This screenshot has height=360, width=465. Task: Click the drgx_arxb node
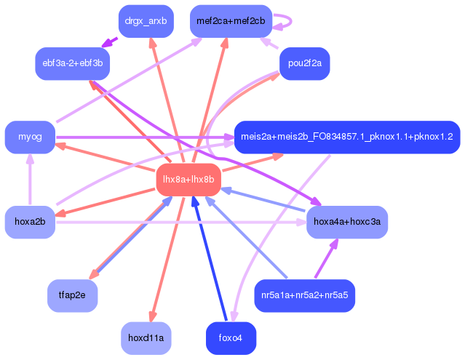click(x=145, y=21)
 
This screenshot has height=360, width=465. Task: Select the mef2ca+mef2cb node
click(x=231, y=21)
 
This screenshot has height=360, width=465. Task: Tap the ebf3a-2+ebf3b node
click(x=72, y=63)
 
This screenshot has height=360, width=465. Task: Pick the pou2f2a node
click(x=304, y=63)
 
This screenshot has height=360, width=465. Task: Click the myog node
click(x=30, y=137)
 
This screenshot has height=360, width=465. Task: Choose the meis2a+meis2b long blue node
click(x=346, y=137)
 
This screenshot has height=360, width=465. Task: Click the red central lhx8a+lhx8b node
click(x=188, y=179)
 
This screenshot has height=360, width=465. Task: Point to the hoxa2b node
click(x=30, y=222)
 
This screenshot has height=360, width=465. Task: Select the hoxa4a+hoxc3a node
click(x=346, y=222)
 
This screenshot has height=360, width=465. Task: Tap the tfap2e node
click(x=72, y=295)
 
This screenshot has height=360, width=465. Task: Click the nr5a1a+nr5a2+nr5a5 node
click(x=304, y=295)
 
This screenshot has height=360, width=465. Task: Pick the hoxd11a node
click(x=146, y=337)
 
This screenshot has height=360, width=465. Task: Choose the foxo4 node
click(x=231, y=337)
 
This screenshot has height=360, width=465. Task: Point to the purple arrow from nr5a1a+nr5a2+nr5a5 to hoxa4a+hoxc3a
click(x=327, y=258)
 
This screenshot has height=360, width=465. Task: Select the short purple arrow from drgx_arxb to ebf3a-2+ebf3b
click(x=110, y=43)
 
